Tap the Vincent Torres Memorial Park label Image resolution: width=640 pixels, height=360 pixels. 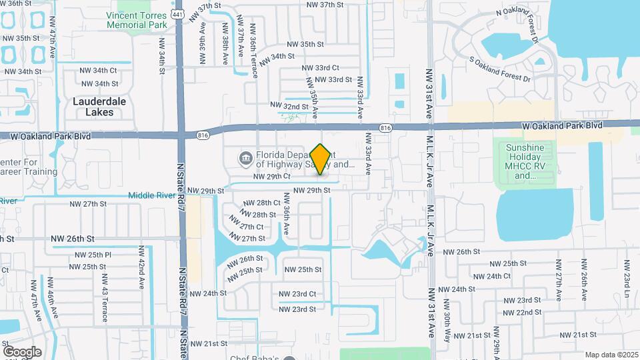pos(136,19)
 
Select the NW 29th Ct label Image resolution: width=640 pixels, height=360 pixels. pos(273,177)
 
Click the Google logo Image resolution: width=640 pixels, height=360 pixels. pos(21,351)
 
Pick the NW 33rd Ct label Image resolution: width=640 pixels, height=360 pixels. pos(321,67)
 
